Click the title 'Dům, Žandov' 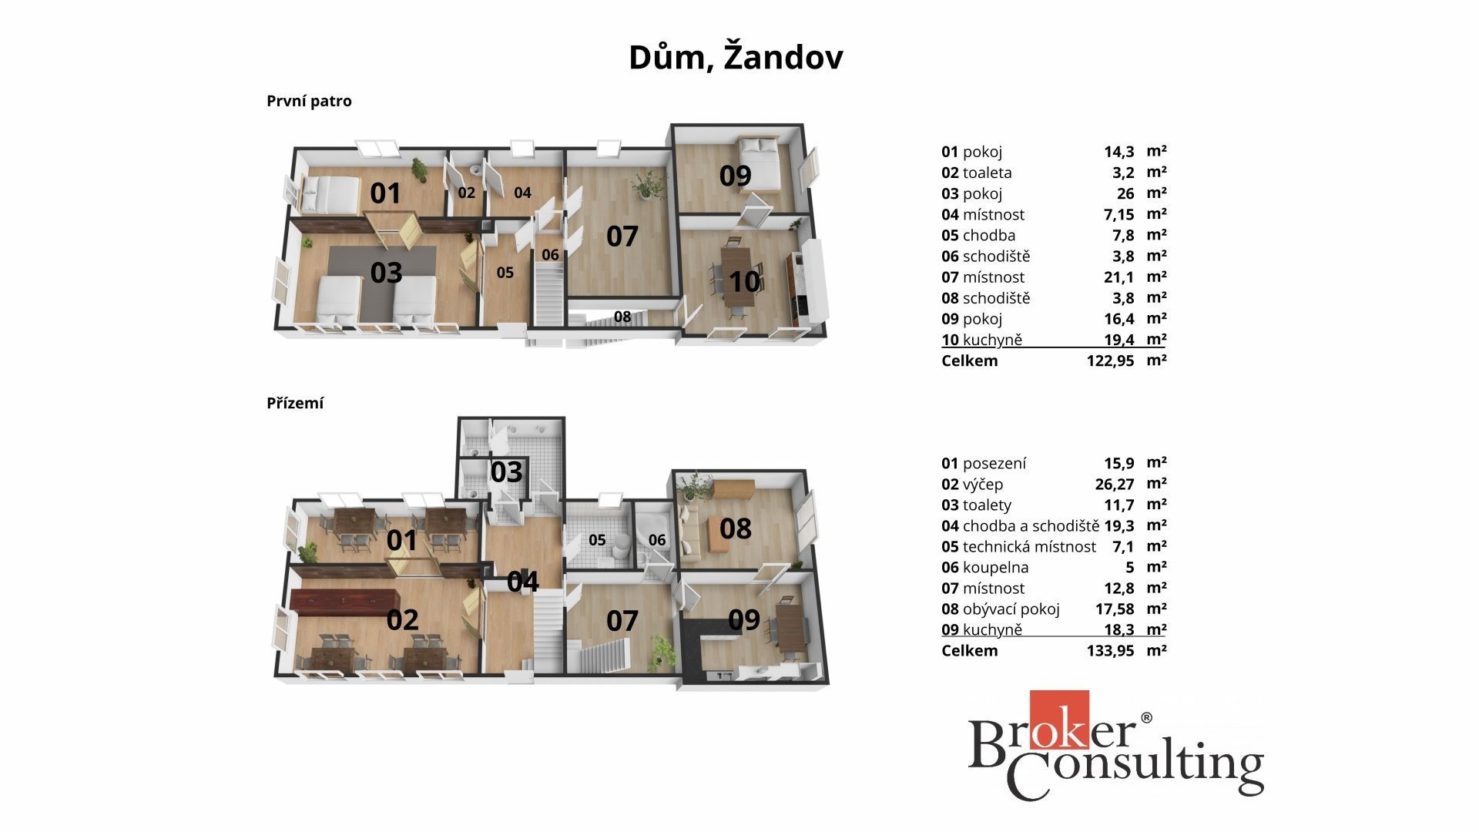pos(736,58)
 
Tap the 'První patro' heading pos(309,101)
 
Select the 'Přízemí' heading pos(295,403)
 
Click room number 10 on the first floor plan pos(745,281)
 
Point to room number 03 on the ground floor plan pos(506,472)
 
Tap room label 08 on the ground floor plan pos(736,528)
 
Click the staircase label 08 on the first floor pos(622,316)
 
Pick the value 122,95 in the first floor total pos(1110,361)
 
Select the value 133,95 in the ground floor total pos(1110,650)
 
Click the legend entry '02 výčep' pos(972,485)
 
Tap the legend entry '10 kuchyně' pos(981,340)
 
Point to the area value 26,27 pos(1115,485)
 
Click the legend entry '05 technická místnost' pos(1018,547)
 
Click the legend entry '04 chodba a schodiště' pos(1021,526)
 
